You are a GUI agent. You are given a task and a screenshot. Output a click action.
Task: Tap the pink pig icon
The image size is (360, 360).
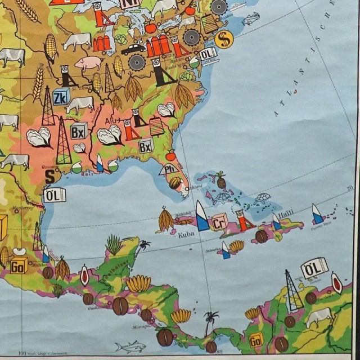pos(89,63)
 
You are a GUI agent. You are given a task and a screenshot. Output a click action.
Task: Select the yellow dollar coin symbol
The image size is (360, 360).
pos(224,39)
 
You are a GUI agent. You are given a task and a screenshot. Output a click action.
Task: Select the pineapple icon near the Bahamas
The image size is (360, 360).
pos(220,180)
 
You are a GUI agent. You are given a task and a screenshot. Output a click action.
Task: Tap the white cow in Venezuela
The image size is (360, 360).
pos(318,316)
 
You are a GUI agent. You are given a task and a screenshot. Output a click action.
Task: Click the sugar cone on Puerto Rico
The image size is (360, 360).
pos(317,214)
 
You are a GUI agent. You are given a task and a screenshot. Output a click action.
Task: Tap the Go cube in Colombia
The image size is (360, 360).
pos(256,339)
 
